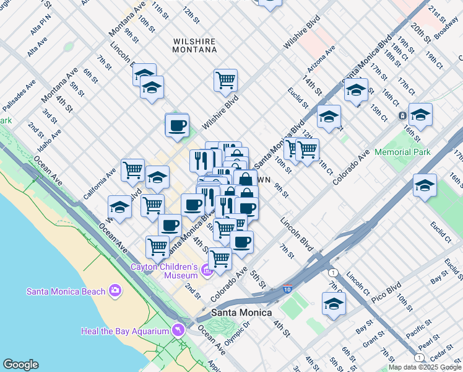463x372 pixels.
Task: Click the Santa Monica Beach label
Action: (67, 291)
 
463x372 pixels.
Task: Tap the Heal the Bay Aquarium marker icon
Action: (180, 330)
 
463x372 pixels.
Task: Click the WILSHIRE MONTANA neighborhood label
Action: (194, 45)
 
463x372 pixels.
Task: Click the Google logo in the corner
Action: (20, 365)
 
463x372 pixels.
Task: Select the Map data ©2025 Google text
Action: (424, 367)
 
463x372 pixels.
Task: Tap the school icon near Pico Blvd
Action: (334, 303)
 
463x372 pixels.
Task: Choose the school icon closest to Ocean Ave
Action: (119, 206)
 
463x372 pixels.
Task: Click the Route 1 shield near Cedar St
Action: (419, 358)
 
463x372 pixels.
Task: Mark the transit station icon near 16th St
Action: (402, 116)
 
